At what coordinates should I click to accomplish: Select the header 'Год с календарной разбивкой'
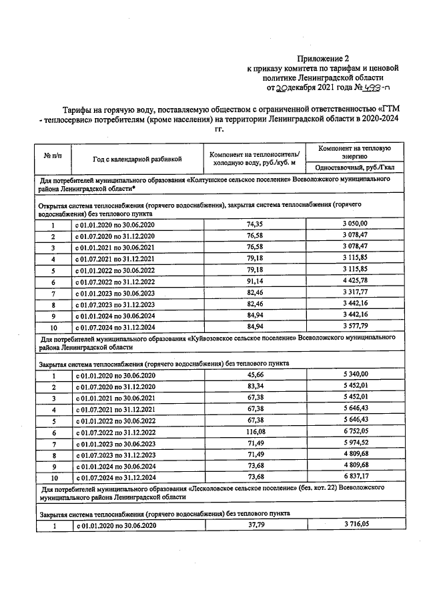click(x=137, y=160)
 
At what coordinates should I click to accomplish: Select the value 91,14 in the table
click(x=256, y=282)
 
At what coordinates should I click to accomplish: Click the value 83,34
click(x=256, y=386)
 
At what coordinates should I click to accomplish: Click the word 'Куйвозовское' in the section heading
click(x=216, y=339)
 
